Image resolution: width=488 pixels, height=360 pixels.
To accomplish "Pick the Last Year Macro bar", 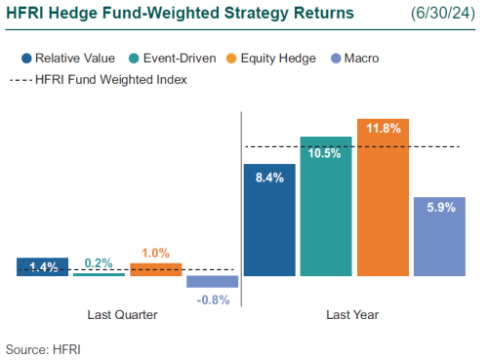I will tap(439, 239).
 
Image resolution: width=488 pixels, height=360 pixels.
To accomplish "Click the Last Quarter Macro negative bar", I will tap(212, 282).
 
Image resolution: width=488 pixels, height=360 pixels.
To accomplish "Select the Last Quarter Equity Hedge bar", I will tap(156, 269).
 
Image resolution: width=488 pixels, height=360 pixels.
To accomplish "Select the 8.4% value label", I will tap(268, 178).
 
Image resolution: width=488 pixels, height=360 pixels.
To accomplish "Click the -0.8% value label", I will tap(213, 300).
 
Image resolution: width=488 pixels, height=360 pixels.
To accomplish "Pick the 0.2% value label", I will tap(100, 262).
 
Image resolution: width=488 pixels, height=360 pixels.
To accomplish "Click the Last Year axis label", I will tap(351, 315).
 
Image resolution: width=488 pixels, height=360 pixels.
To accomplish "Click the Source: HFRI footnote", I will tap(43, 347).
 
